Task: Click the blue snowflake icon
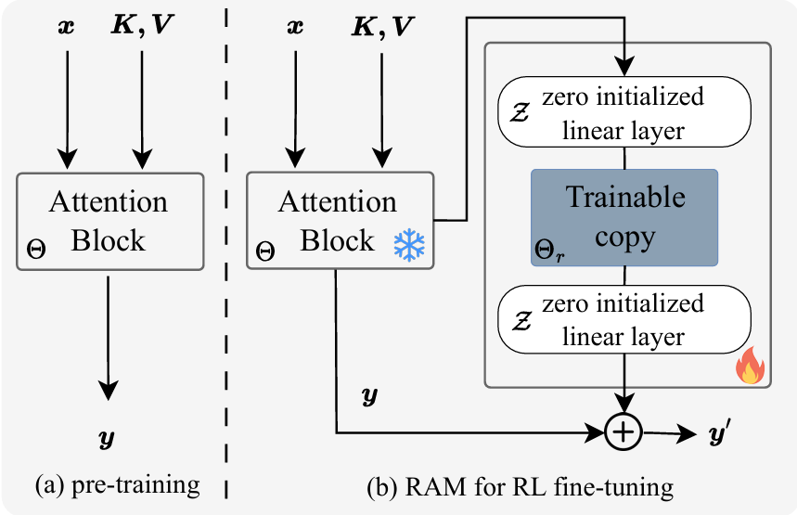tap(408, 244)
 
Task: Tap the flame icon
tap(748, 370)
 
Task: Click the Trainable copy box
tap(624, 217)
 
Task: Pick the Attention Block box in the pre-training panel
tap(109, 220)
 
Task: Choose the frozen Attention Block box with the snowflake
tap(340, 220)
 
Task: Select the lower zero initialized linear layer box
tap(624, 319)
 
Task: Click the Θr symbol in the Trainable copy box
tap(549, 249)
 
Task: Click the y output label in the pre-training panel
tap(109, 434)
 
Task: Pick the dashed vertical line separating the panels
tap(228, 251)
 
